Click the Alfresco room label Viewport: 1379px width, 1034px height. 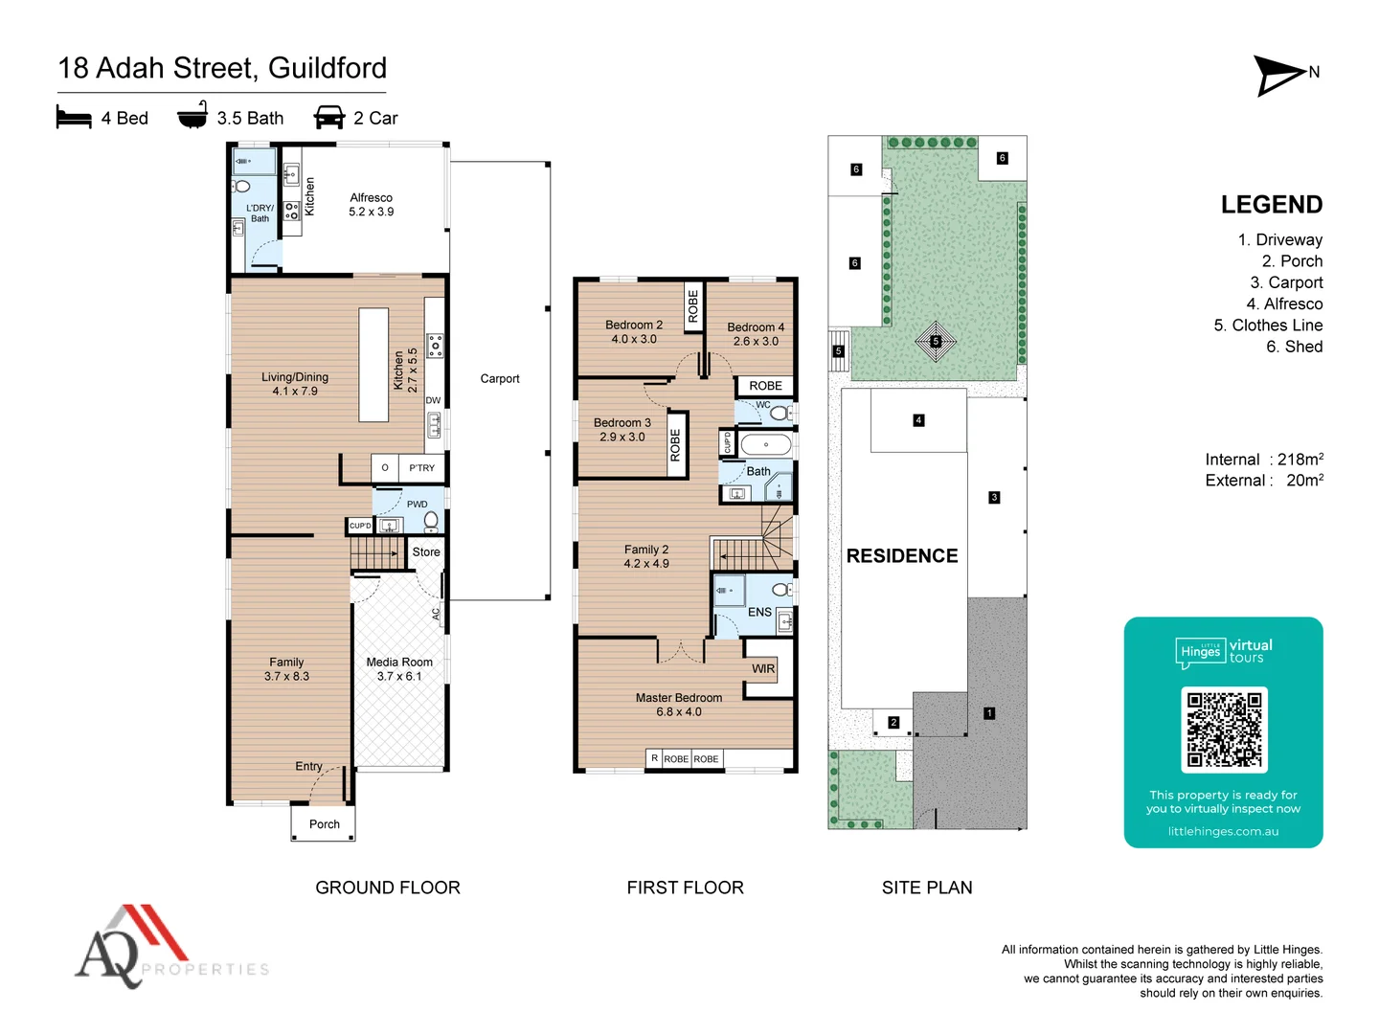point(371,205)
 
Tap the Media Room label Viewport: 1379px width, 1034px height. point(399,668)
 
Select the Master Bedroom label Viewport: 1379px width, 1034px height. point(679,705)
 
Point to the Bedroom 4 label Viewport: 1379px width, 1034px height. point(756,334)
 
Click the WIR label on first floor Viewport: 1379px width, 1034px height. point(763,668)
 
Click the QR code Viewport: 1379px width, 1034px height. point(1224,730)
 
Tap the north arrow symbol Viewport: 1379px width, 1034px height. point(1280,76)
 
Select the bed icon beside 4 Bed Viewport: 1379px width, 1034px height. point(74,118)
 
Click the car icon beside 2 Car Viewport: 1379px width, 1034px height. point(329,118)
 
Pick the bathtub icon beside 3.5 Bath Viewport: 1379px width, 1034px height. point(192,116)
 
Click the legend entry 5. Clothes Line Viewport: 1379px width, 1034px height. point(1268,326)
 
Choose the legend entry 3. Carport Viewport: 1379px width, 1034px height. point(1286,282)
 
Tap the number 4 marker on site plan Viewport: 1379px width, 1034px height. point(918,420)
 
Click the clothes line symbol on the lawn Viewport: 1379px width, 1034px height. point(936,342)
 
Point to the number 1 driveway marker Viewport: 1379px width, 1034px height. point(989,713)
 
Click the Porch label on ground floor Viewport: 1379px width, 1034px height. point(324,824)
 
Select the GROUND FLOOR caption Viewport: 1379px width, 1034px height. point(388,888)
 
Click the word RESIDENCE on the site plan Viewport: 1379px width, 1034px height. point(901,556)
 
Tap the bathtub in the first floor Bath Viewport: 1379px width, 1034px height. point(766,445)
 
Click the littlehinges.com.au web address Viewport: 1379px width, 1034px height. point(1223,831)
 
